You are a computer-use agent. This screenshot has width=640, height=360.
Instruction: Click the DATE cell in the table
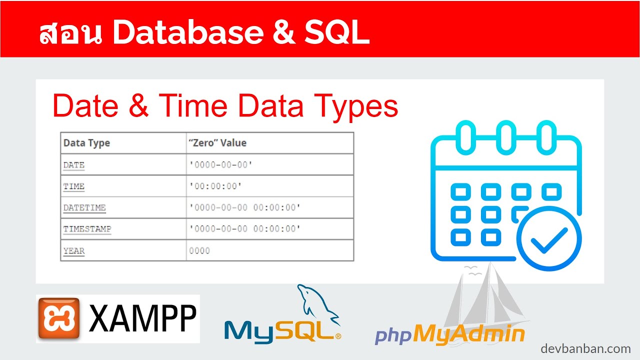(74, 165)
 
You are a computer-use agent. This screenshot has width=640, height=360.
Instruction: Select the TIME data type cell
(74, 186)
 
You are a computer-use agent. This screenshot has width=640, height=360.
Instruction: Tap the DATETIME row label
(84, 207)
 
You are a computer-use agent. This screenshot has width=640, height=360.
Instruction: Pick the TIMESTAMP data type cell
(87, 229)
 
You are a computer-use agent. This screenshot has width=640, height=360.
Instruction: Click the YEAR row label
(74, 250)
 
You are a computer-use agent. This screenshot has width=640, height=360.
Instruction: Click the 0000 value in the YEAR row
(199, 250)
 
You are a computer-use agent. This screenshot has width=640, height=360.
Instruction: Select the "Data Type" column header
(86, 143)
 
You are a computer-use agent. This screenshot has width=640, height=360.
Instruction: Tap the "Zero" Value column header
(217, 143)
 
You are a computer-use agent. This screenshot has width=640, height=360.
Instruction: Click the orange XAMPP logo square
(58, 318)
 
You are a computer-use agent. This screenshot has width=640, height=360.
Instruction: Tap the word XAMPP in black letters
(142, 319)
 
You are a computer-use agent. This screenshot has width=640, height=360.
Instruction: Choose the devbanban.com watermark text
(585, 348)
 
